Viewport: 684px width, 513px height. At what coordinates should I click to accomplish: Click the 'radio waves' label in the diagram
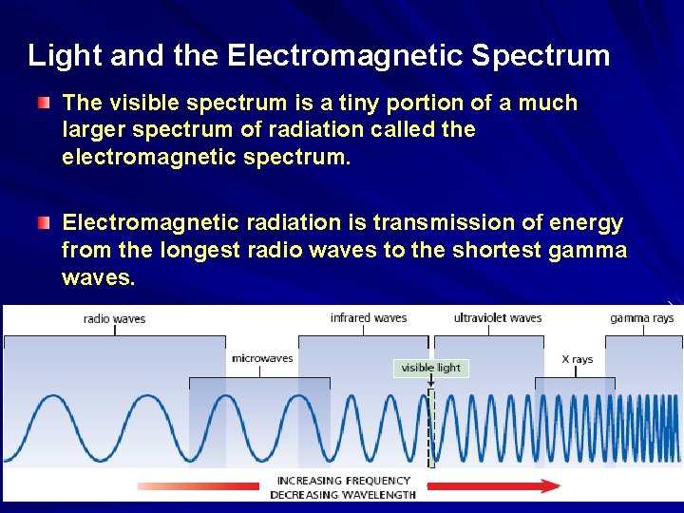(x=115, y=318)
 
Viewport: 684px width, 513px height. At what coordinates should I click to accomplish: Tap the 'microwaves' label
(x=262, y=358)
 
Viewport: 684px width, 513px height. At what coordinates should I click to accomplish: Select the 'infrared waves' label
(x=369, y=317)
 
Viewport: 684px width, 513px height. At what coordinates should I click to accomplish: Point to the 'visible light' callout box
(x=430, y=368)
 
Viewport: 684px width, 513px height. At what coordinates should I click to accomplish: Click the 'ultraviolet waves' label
(x=498, y=317)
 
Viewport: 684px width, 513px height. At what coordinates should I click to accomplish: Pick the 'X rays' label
(x=578, y=359)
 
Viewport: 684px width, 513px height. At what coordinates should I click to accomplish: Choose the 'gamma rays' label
(x=642, y=317)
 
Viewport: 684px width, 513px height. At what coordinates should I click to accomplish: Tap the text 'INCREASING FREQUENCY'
(x=343, y=481)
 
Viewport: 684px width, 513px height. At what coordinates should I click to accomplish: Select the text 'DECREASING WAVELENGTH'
(x=343, y=494)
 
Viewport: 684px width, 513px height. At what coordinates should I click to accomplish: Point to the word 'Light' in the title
(x=66, y=56)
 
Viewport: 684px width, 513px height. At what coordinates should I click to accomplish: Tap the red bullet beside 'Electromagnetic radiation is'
(x=45, y=223)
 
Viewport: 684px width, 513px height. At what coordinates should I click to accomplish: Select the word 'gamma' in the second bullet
(x=589, y=250)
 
